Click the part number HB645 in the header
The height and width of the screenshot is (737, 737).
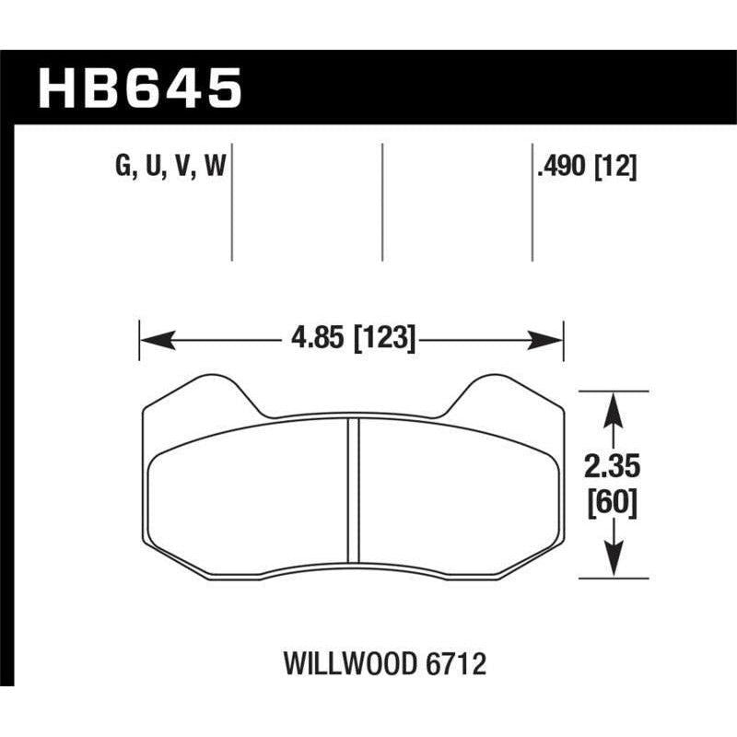(x=138, y=89)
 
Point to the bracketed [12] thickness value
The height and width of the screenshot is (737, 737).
(x=617, y=168)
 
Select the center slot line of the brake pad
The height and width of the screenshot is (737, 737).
(x=352, y=489)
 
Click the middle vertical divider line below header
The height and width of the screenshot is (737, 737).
(x=381, y=203)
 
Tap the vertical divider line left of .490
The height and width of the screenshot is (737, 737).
(x=532, y=203)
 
